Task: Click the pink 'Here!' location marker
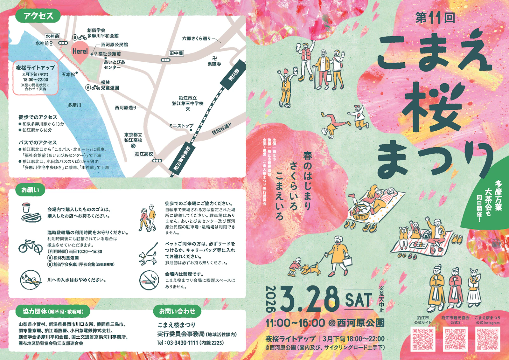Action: coord(80,52)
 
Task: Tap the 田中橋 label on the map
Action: coord(176,53)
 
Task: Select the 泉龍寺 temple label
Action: coord(214,64)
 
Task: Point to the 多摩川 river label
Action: coord(74,105)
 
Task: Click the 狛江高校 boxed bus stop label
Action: coord(144,154)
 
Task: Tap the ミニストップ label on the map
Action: coord(181,126)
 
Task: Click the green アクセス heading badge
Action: coord(38,16)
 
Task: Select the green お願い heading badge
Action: coord(30,190)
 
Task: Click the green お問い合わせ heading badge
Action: coord(177,311)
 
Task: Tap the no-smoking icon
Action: coord(149,280)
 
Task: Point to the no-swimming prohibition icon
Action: coord(31,280)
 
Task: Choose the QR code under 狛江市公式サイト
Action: coord(423,339)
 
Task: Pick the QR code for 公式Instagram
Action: coord(488,339)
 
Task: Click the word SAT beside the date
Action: coord(359,300)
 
